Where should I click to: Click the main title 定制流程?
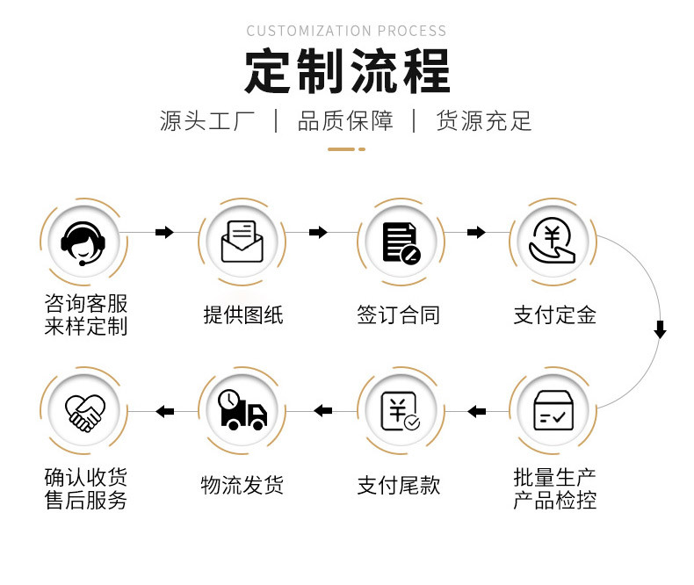(x=346, y=72)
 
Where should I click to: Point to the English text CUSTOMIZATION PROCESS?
(x=346, y=31)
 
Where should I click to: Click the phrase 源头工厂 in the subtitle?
(x=207, y=120)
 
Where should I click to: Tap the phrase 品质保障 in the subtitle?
(x=345, y=120)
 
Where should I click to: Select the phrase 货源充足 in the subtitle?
(x=484, y=120)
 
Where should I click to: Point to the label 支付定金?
(x=554, y=314)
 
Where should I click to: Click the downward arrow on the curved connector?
(x=660, y=330)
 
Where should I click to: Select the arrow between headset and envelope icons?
(x=163, y=232)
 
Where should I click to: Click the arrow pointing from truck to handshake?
(x=164, y=410)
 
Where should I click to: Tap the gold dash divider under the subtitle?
(x=346, y=149)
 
